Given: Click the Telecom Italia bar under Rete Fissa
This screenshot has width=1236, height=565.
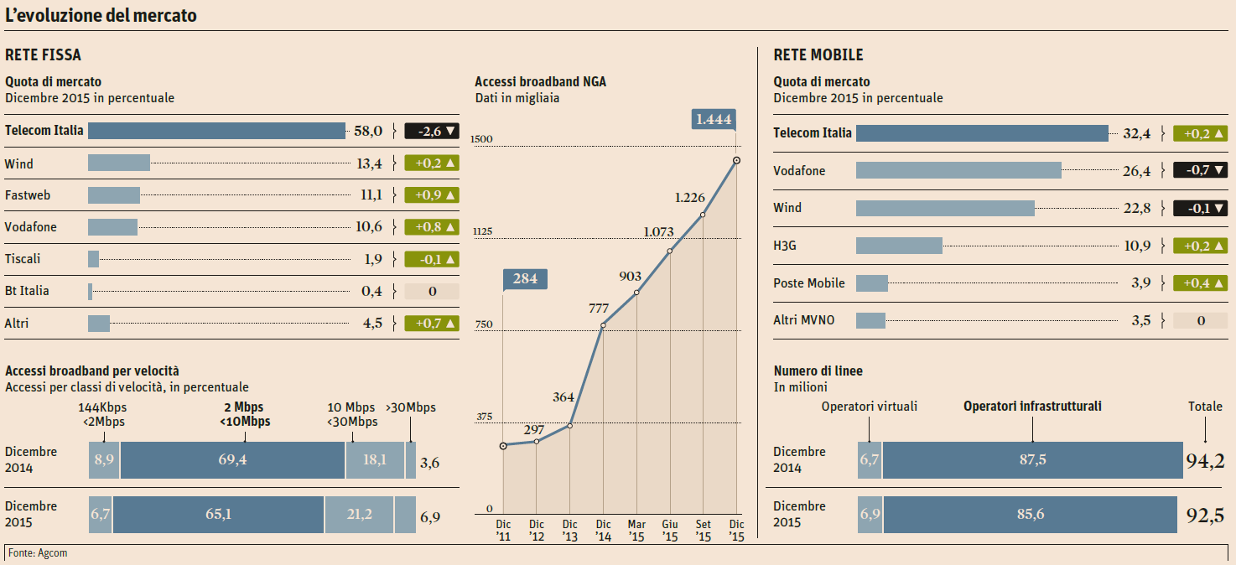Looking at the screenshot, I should pos(216,131).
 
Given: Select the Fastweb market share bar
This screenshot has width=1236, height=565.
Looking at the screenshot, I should pos(114,195).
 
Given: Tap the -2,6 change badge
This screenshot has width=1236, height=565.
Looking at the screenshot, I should pos(432,131).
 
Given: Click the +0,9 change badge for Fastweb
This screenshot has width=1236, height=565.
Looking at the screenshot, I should pos(432,195).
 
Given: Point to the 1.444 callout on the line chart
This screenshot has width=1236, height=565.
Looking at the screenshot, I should pos(714,119).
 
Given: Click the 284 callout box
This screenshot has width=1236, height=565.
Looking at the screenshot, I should pos(525,279).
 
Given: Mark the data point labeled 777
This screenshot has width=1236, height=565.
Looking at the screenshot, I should pos(603,325).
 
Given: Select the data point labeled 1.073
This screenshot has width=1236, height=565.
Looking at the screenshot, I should pos(669,251).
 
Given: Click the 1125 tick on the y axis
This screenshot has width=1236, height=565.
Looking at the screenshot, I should pos(482,231).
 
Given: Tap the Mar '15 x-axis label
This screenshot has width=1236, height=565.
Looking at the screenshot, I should pos(636,530).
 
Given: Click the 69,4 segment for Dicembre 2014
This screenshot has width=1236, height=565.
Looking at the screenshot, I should pos(232,460).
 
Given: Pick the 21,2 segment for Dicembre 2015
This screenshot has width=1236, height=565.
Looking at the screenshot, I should pos(359,515).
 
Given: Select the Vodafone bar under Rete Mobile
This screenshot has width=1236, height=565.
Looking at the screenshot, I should pos(958,170).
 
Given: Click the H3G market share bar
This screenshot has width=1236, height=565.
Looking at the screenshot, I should pos(899,246).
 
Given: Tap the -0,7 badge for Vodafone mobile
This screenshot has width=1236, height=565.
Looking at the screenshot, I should pos(1200,170).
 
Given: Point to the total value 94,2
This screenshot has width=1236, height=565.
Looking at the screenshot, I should pos(1205,459).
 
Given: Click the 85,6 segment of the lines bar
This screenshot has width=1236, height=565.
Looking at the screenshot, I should pos(1031,515).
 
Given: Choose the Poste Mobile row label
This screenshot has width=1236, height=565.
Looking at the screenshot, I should pos(809,283).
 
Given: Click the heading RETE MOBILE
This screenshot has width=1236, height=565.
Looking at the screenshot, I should pos(818,55).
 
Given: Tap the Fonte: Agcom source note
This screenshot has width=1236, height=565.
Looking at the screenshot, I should pos(38,553).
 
